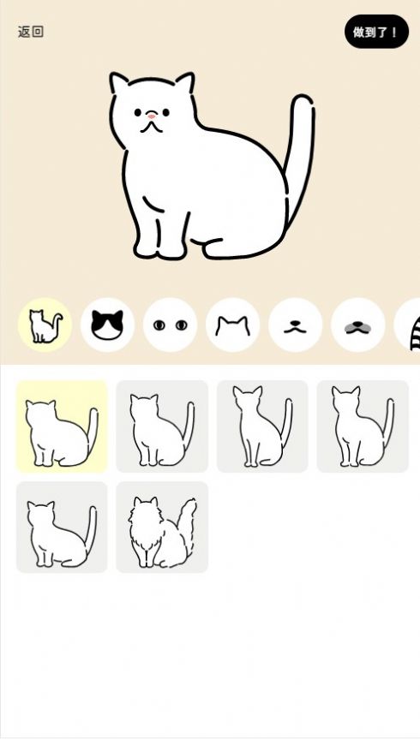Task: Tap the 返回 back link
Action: pos(31,32)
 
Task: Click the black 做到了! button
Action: pos(376,32)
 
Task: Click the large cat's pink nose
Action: pos(151,116)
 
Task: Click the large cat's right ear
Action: pos(185,82)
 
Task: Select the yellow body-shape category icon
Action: pos(45,325)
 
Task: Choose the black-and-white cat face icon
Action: pos(107,325)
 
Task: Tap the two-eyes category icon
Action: pos(170,325)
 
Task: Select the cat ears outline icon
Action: pos(232,325)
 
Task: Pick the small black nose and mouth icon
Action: pos(295,325)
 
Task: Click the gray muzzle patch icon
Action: pos(357,325)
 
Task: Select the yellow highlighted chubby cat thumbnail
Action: pos(62,426)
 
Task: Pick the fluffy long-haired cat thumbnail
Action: pos(162,527)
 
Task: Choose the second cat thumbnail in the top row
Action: pos(162,426)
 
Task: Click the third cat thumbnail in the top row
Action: pos(262,426)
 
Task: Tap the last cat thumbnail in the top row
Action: pos(363,426)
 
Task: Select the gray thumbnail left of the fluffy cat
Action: pos(62,527)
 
